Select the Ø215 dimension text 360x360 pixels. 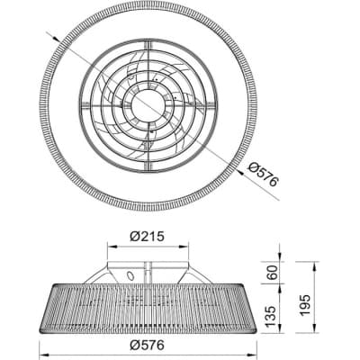(148, 237)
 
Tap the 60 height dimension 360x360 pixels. (272, 273)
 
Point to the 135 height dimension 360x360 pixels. (272, 316)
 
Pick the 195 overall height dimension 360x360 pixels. (304, 305)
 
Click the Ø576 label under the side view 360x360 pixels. (148, 345)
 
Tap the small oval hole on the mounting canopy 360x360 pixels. (130, 275)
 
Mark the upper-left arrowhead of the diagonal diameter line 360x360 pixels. (55, 38)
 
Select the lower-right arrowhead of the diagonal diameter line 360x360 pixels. (240, 171)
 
